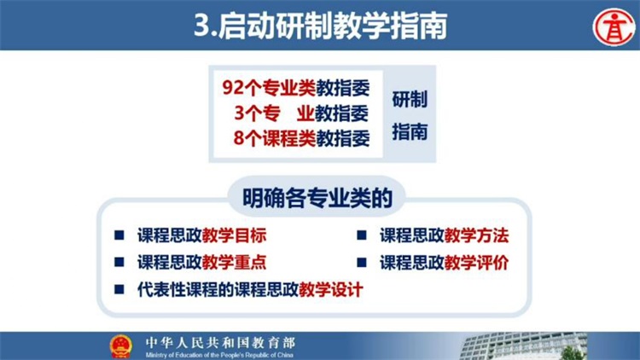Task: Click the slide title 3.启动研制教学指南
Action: coord(320,26)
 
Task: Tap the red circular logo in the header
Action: coord(614,27)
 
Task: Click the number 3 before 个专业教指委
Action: coord(240,113)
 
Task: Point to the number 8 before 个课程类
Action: coord(239,138)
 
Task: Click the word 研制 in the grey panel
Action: coord(410,100)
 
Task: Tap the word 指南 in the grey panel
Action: coord(410,132)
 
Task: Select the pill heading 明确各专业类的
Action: coord(317,199)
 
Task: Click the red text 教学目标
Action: coord(235,236)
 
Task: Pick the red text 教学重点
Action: coord(235,263)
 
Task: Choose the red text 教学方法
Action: coord(476,236)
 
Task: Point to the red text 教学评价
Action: coord(476,263)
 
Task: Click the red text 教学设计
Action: coord(331,290)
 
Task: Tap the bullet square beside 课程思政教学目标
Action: coord(119,235)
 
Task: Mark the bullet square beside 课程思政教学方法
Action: coord(362,235)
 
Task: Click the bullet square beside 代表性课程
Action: coord(119,289)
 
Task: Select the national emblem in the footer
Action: coord(121,346)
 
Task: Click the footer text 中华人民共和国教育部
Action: coord(220,342)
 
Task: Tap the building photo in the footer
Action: coord(525,346)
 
